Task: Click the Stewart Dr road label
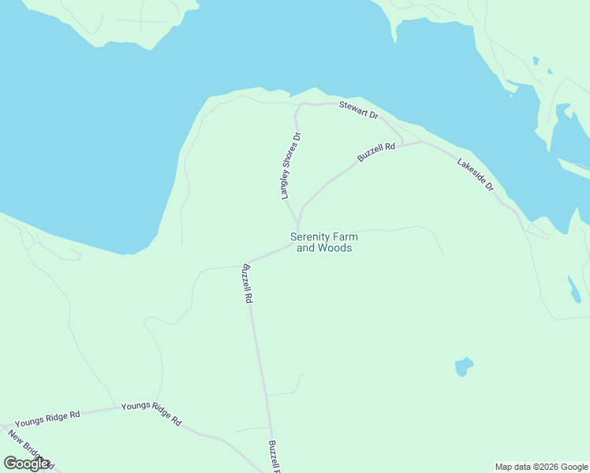pos(359,110)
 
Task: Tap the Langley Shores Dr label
pos(292,166)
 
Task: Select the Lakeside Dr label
pos(475,175)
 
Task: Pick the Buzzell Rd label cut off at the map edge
pos(274,456)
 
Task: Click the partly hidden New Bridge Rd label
pos(30,448)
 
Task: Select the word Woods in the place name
pos(334,248)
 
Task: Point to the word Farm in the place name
pos(344,236)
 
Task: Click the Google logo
pos(26,464)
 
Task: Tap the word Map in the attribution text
pos(504,467)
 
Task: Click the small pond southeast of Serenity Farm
pos(464,366)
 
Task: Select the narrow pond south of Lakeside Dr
pos(573,289)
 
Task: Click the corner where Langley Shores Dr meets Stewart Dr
pos(298,105)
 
